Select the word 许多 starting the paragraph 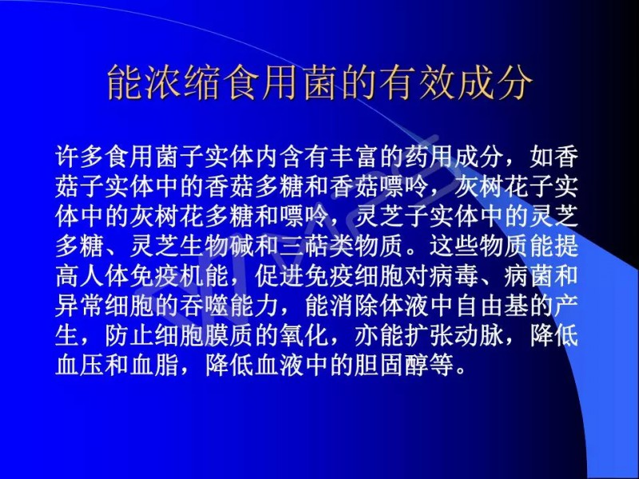click(80, 156)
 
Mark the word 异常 click(80, 306)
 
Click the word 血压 click(80, 365)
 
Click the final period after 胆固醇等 click(461, 371)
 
